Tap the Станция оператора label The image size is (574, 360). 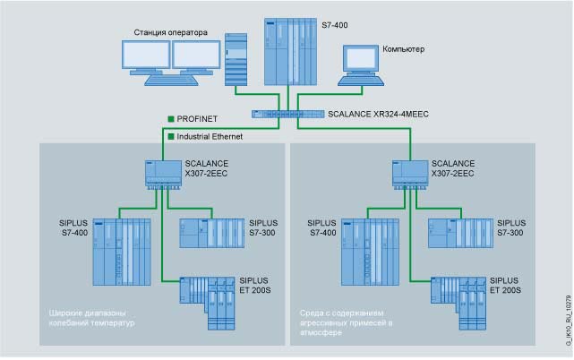(x=170, y=32)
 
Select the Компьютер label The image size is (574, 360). (x=404, y=48)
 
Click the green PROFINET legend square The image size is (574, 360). (x=169, y=118)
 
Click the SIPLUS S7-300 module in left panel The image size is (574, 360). (x=211, y=232)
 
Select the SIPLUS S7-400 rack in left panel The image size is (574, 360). (x=124, y=252)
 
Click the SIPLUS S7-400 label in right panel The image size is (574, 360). (x=321, y=227)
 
